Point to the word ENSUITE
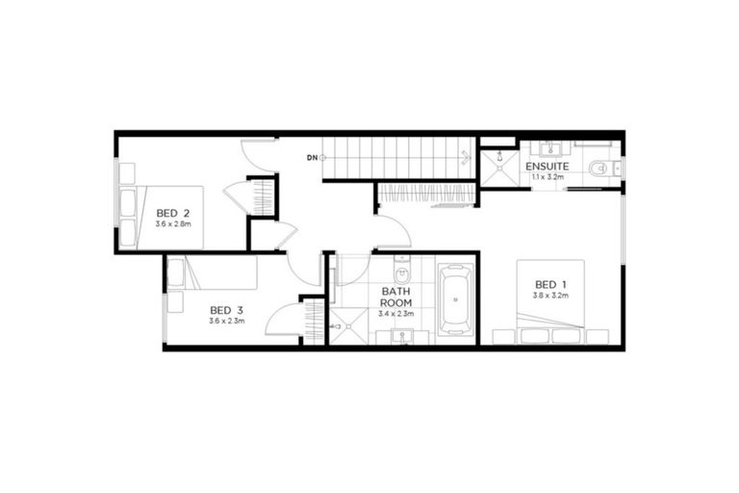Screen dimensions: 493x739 (x=547, y=167)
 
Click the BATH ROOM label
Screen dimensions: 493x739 (x=396, y=296)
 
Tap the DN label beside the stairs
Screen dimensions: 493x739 (x=312, y=156)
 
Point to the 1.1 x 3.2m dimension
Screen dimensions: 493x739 (x=547, y=177)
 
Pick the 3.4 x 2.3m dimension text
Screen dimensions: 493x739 (x=396, y=313)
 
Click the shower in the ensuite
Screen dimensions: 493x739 (x=497, y=167)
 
